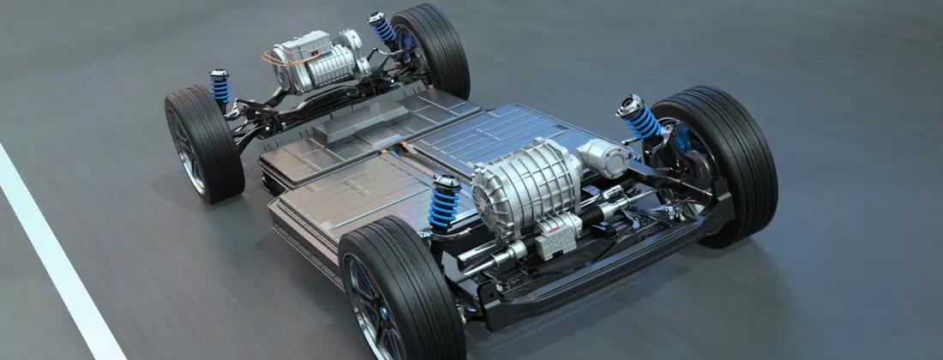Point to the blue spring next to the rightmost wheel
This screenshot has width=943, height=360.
click(641, 124)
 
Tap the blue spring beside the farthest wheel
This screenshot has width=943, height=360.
click(382, 31)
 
